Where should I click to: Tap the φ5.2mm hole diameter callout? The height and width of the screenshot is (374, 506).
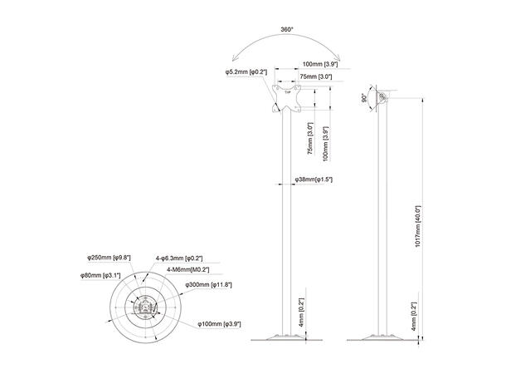tap(246, 72)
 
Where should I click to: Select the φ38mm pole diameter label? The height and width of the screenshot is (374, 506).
tap(313, 179)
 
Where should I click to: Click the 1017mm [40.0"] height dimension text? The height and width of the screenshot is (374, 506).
tap(420, 225)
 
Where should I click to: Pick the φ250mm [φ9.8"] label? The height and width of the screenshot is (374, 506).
tap(110, 257)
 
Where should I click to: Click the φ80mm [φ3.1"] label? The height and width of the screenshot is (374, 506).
tap(100, 275)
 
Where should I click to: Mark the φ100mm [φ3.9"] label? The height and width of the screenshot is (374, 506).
tap(218, 323)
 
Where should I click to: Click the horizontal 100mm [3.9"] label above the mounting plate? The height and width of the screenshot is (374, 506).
tap(318, 64)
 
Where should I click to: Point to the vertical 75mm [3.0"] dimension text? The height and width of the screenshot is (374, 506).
tap(309, 139)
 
